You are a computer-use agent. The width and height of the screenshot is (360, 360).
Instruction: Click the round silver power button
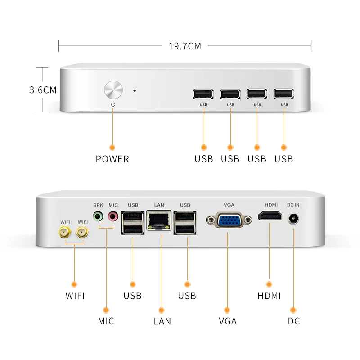(113, 90)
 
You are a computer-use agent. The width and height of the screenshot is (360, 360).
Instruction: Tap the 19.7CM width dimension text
(185, 46)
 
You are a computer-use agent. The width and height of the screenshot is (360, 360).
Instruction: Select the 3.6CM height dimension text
(43, 90)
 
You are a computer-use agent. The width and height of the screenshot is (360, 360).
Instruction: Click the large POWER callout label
(112, 159)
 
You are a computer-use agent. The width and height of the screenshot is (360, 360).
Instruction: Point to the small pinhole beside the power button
(135, 90)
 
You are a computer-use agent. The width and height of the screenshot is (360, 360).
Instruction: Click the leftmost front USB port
(203, 94)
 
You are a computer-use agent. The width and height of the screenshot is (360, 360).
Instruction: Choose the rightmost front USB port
(284, 94)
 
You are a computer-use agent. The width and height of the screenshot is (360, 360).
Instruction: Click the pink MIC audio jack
(112, 216)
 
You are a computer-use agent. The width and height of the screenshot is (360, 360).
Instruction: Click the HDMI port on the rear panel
(271, 216)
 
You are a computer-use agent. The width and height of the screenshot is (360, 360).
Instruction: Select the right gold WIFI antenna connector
(82, 233)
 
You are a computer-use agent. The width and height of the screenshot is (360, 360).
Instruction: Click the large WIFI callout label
(75, 296)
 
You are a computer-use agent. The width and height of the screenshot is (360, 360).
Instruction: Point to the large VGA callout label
(227, 321)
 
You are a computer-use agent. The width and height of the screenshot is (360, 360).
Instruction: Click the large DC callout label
(293, 321)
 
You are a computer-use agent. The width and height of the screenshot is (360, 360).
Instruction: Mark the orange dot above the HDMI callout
(269, 284)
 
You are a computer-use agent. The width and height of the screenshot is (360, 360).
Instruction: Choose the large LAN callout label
(162, 321)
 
